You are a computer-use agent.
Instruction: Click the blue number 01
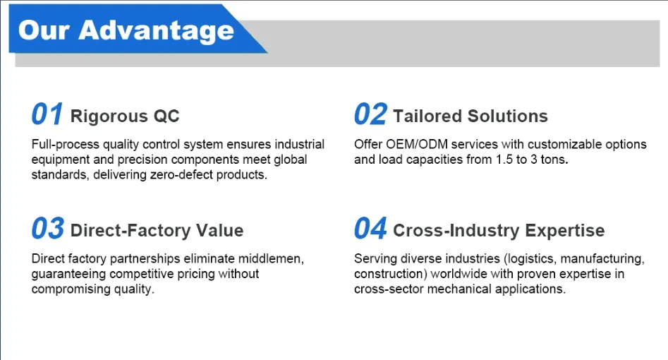(x=47, y=114)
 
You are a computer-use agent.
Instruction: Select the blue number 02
(x=370, y=114)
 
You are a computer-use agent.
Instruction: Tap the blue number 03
(x=48, y=228)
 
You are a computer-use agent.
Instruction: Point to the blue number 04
(x=370, y=228)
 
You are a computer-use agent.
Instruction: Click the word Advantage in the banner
(x=157, y=31)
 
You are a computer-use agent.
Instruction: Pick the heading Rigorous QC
(x=125, y=116)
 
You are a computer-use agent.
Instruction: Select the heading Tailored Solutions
(x=470, y=116)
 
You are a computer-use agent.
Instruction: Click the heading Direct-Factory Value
(x=157, y=230)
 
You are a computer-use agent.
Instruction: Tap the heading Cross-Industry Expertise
(x=499, y=230)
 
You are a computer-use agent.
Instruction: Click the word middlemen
(x=271, y=258)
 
